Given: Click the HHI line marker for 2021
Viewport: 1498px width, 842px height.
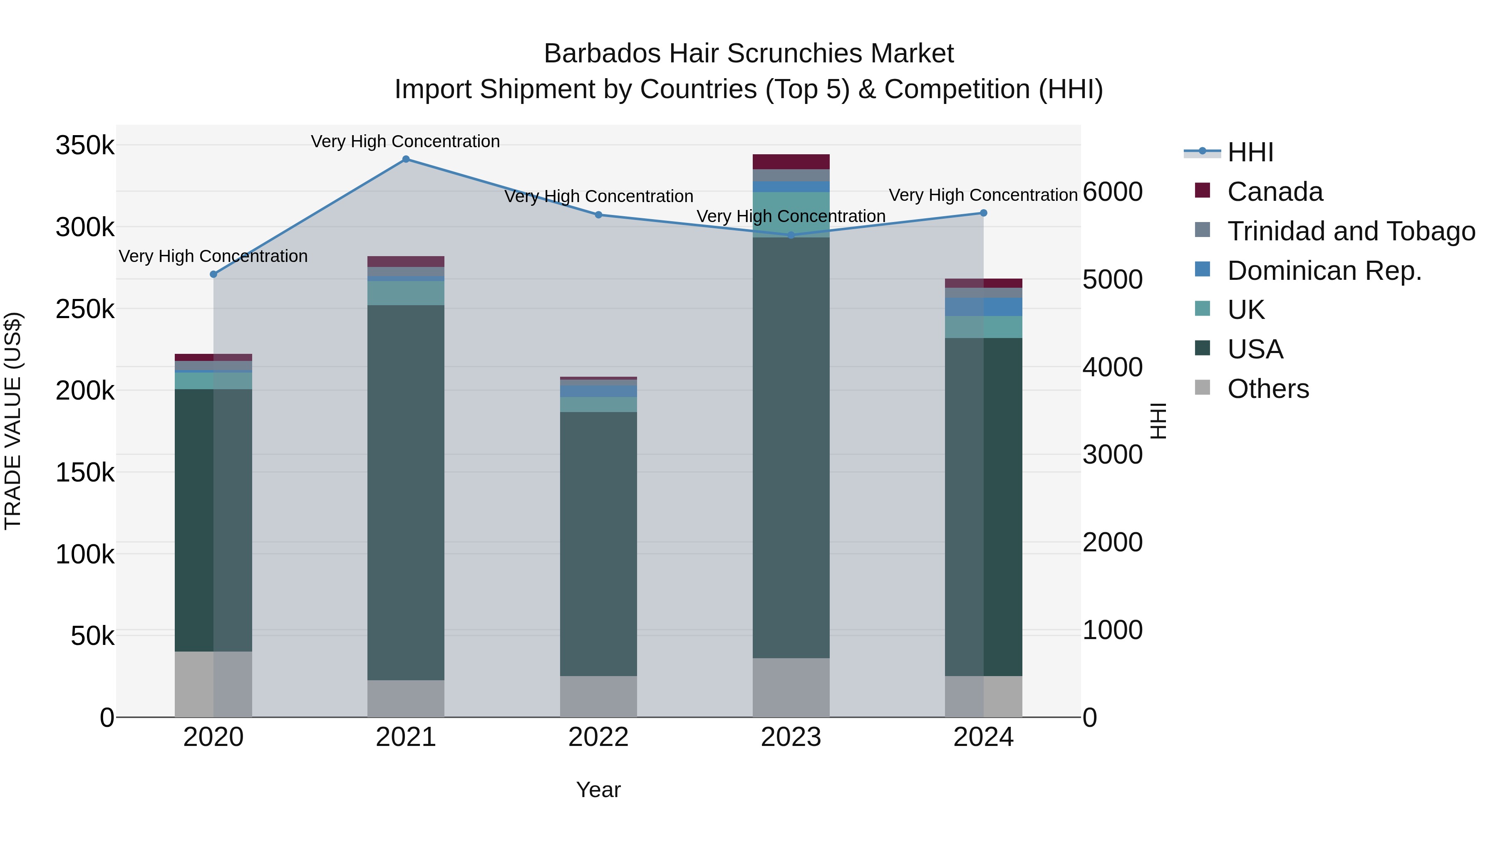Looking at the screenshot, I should [406, 159].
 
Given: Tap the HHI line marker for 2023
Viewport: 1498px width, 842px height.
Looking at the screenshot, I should [791, 235].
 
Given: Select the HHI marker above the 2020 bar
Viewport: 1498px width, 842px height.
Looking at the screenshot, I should [213, 274].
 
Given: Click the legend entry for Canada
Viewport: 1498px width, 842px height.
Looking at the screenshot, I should [1275, 192].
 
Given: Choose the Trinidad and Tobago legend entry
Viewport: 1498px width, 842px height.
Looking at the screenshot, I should [1351, 231].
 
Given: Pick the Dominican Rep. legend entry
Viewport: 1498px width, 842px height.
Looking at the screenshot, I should [1324, 271].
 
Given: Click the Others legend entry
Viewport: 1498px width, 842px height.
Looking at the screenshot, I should [1268, 389].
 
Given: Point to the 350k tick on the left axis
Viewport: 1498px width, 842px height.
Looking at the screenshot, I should [85, 145].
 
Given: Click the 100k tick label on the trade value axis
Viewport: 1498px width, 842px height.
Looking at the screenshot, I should [85, 554].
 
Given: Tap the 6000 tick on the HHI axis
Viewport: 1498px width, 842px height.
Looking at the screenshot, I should [1112, 192].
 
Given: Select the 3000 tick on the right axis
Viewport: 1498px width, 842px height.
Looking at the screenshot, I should [1112, 454].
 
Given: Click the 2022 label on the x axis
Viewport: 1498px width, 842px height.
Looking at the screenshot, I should [598, 737].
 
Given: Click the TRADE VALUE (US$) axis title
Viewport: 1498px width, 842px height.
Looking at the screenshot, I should [13, 421].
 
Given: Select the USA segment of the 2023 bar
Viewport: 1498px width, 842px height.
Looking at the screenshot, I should [791, 447].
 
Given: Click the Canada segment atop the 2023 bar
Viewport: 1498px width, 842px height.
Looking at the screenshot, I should [791, 162].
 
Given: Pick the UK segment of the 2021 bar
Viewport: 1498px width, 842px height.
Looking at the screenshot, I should [406, 293].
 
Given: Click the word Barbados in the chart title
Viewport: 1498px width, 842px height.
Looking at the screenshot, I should [603, 54].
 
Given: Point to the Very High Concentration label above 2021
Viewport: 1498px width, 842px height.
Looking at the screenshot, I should [405, 141].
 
